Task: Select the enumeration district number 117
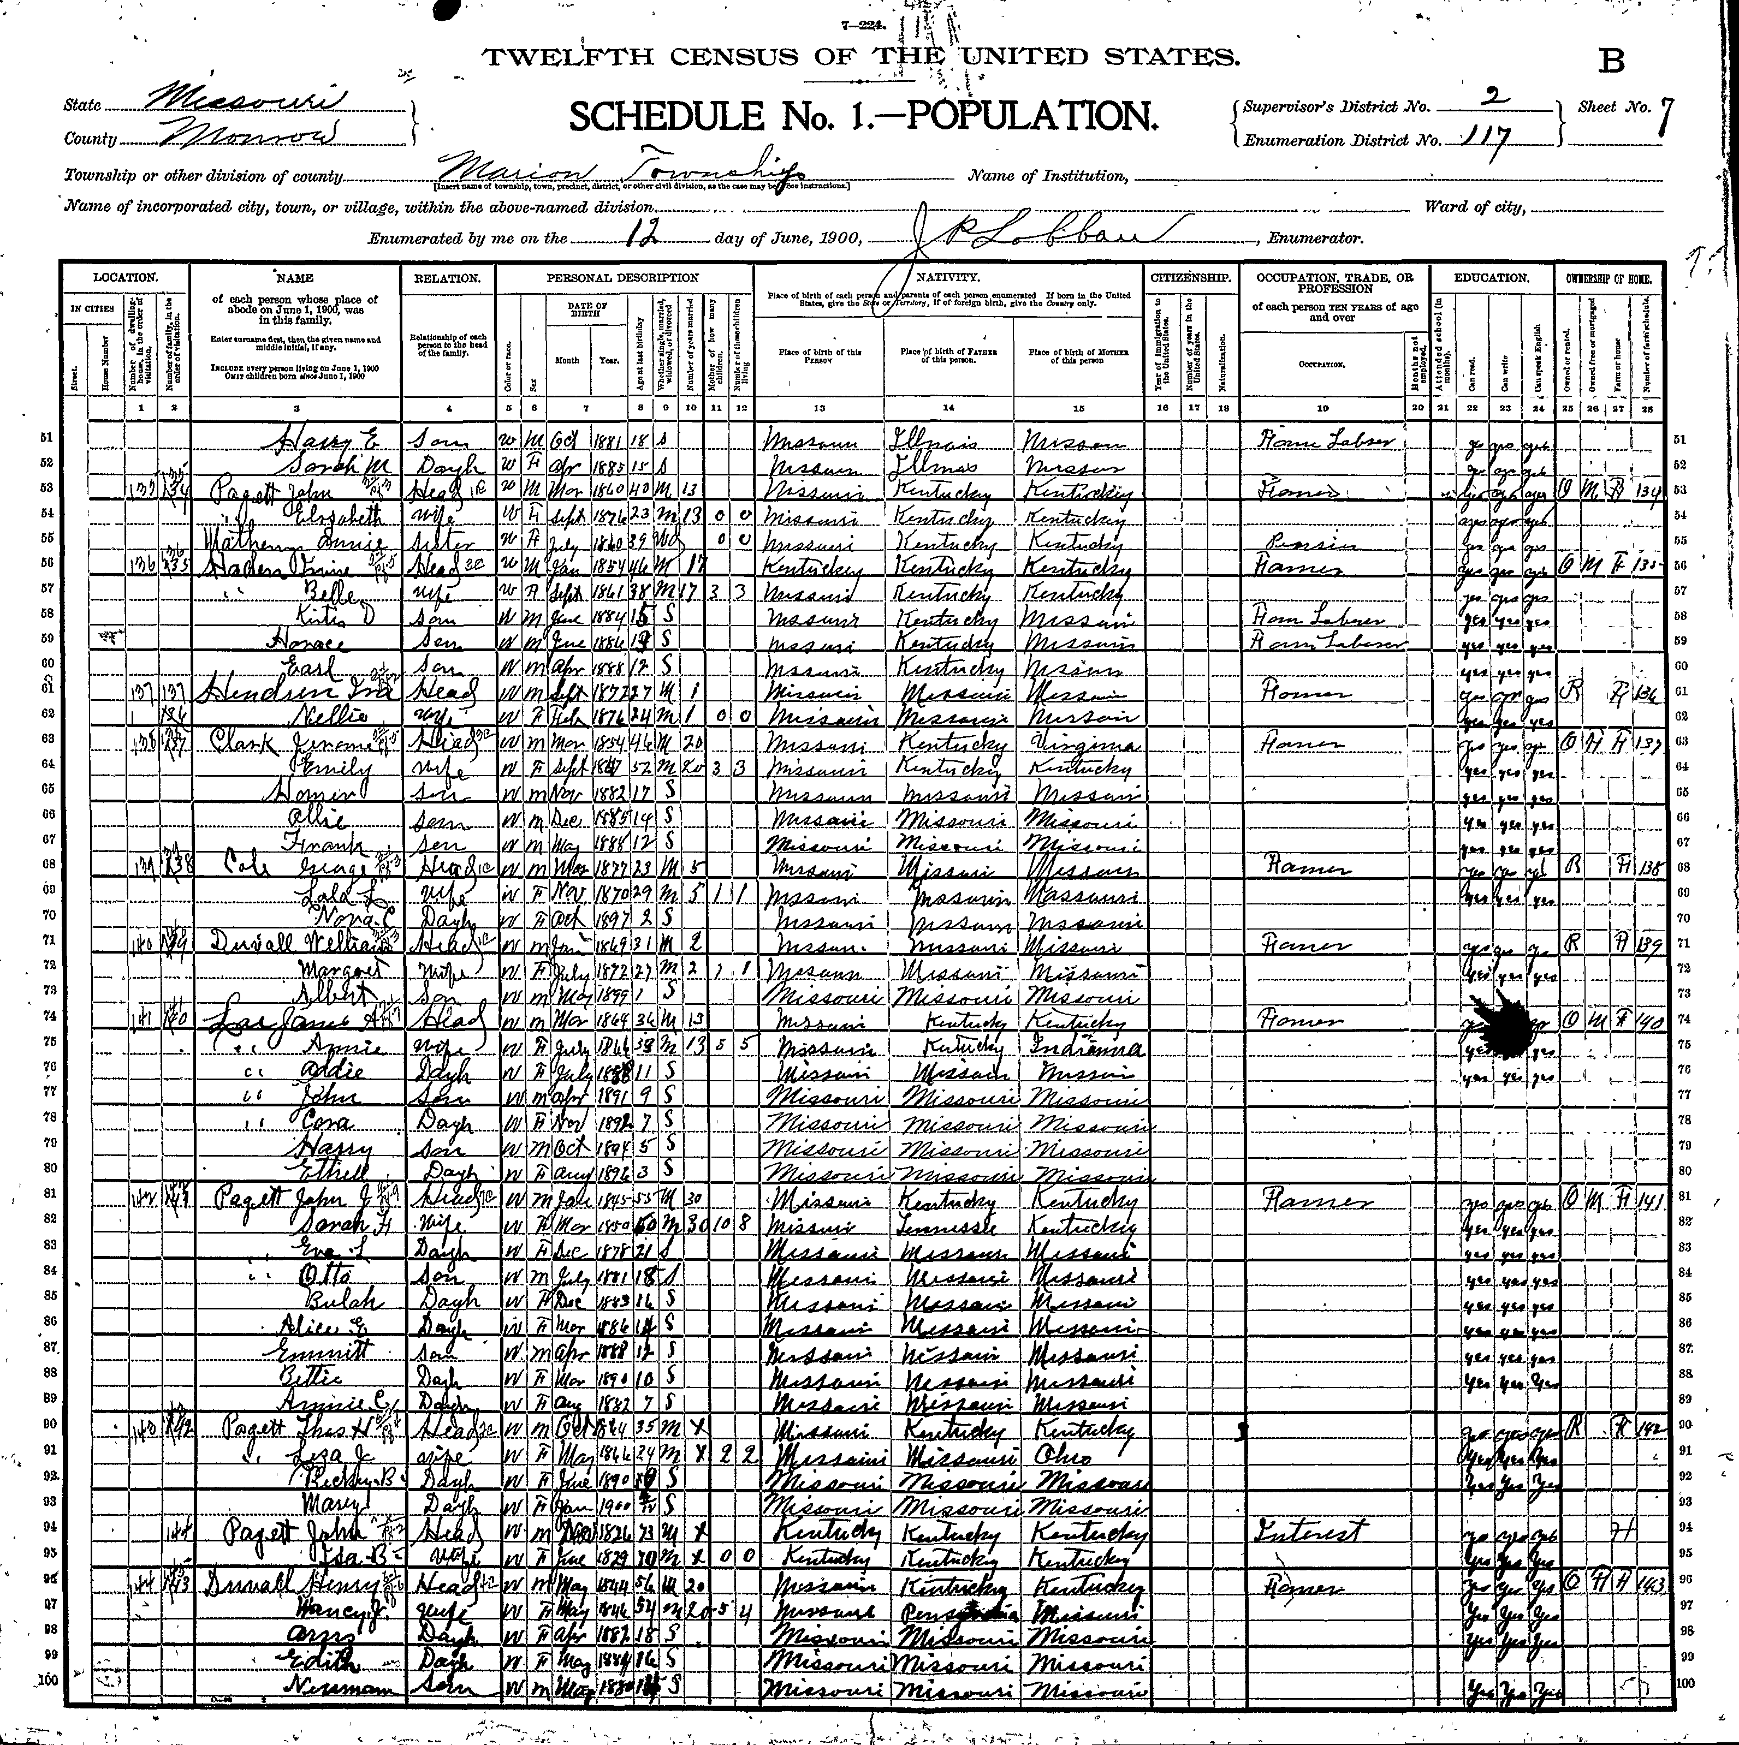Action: tap(1487, 138)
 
